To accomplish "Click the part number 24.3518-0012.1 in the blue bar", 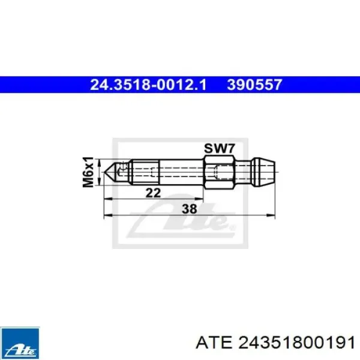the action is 148,85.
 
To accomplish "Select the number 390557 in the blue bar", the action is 254,85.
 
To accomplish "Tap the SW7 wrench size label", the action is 220,148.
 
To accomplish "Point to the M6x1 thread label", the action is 89,172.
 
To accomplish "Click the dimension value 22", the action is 153,193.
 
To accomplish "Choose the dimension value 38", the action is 190,209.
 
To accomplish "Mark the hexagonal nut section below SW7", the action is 219,172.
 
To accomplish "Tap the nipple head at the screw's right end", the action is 263,172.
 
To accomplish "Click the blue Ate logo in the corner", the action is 20,343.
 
